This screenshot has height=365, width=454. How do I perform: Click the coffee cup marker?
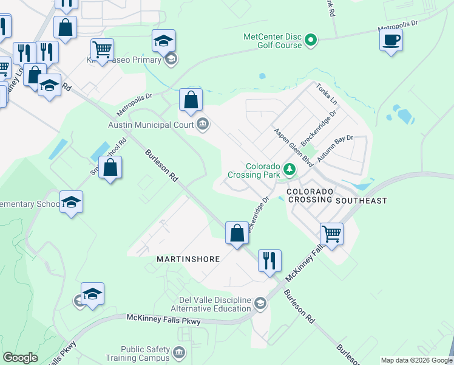(391, 40)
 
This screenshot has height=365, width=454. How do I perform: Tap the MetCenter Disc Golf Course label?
(273, 41)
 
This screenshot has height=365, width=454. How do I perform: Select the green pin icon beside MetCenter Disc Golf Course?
(311, 41)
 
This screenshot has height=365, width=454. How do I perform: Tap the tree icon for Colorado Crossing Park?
(290, 169)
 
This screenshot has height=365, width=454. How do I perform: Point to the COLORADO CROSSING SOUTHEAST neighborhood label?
(336, 195)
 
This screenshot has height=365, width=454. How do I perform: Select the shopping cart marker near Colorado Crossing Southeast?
(331, 234)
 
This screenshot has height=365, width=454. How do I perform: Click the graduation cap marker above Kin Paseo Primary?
(163, 41)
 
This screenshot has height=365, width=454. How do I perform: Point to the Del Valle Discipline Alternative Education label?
(215, 305)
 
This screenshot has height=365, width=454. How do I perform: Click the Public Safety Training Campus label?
(144, 353)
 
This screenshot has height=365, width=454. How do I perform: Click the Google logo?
(20, 358)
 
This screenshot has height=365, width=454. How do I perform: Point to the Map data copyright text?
(416, 360)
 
